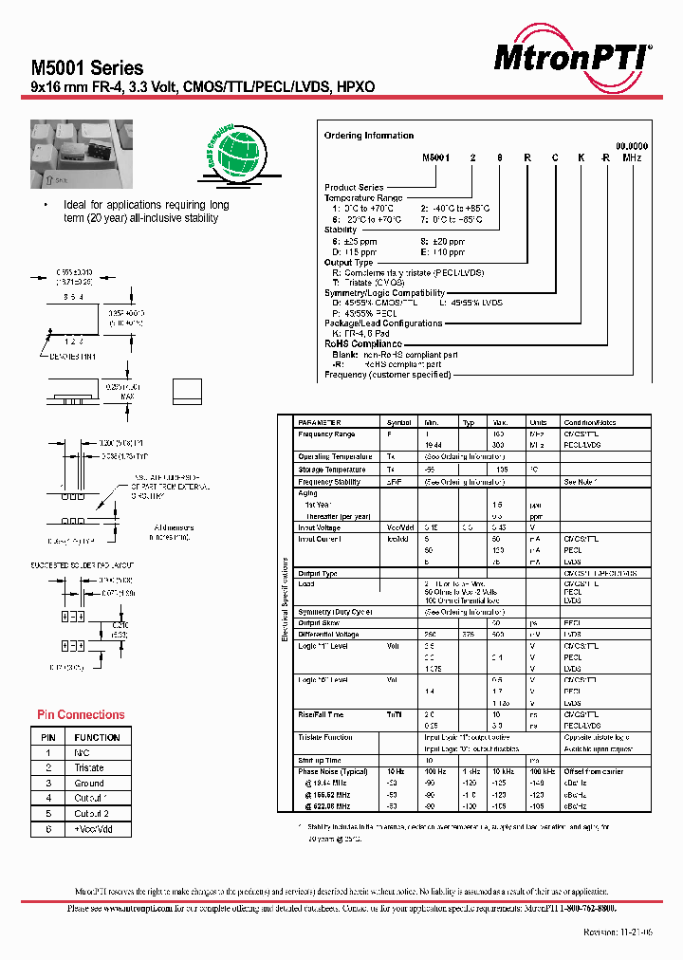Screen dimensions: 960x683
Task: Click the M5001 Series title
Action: pos(87,68)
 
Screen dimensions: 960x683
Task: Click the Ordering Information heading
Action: pos(369,136)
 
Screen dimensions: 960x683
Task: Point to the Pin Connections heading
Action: pos(81,714)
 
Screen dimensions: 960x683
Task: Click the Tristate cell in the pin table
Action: pos(89,767)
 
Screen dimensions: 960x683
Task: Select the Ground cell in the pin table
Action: pos(89,783)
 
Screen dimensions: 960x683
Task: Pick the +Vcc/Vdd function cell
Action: pos(94,829)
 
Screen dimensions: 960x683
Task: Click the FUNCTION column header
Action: pos(98,737)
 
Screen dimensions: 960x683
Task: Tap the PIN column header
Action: pos(48,737)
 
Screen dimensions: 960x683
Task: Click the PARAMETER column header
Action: pos(319,422)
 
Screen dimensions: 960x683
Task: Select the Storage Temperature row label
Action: pos(333,469)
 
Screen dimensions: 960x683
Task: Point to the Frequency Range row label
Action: pos(326,434)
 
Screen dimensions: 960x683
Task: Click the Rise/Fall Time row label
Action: pos(321,714)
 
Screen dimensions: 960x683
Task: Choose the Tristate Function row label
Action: pos(325,737)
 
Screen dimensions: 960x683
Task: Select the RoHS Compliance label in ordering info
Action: pos(363,344)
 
